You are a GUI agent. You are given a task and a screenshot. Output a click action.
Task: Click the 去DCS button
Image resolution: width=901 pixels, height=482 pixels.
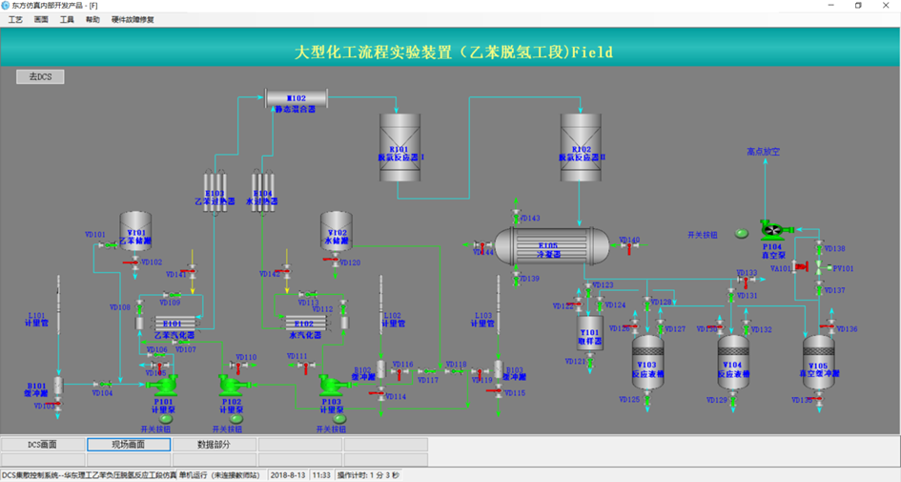pos(40,76)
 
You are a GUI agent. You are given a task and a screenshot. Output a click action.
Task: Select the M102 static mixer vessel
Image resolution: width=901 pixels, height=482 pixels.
pos(296,98)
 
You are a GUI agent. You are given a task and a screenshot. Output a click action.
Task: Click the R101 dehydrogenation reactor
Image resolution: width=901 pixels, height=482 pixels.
pos(399,147)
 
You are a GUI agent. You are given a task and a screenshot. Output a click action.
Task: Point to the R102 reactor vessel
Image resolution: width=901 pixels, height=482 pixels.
pos(581,147)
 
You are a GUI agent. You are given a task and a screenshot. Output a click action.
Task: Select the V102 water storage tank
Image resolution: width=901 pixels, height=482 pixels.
pos(337,232)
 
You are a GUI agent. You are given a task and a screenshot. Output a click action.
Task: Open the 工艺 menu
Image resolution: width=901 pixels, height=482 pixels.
pos(15,19)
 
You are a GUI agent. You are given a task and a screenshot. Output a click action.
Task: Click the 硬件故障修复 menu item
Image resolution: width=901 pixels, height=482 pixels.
pos(133,19)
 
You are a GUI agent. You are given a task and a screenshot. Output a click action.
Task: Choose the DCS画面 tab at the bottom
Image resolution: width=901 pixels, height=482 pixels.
pos(42,445)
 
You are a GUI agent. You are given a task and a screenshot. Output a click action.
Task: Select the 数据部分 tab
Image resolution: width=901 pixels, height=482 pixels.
pos(214,445)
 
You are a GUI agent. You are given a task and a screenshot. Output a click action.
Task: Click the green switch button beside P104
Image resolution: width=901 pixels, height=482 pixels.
pos(742,233)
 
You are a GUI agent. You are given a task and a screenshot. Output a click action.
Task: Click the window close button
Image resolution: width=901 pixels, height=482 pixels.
pos(884,6)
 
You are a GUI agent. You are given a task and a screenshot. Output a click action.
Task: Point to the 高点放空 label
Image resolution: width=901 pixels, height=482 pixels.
pos(764,152)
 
